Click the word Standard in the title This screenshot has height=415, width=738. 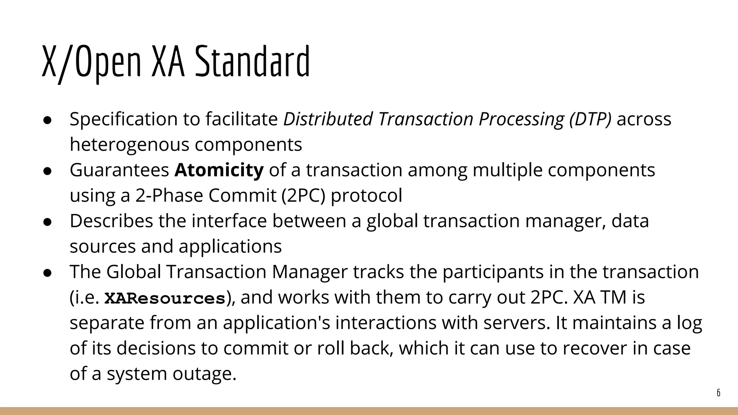252,61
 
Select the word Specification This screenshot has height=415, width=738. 124,119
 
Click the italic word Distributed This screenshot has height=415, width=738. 328,119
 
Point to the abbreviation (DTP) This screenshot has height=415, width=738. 591,119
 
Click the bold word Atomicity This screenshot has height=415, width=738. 219,170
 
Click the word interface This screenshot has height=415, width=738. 229,221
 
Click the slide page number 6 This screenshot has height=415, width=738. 718,393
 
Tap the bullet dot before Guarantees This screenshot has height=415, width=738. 47,171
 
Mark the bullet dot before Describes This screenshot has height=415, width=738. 47,222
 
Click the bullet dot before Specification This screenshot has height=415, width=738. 47,120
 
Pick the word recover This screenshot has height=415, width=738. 594,348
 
